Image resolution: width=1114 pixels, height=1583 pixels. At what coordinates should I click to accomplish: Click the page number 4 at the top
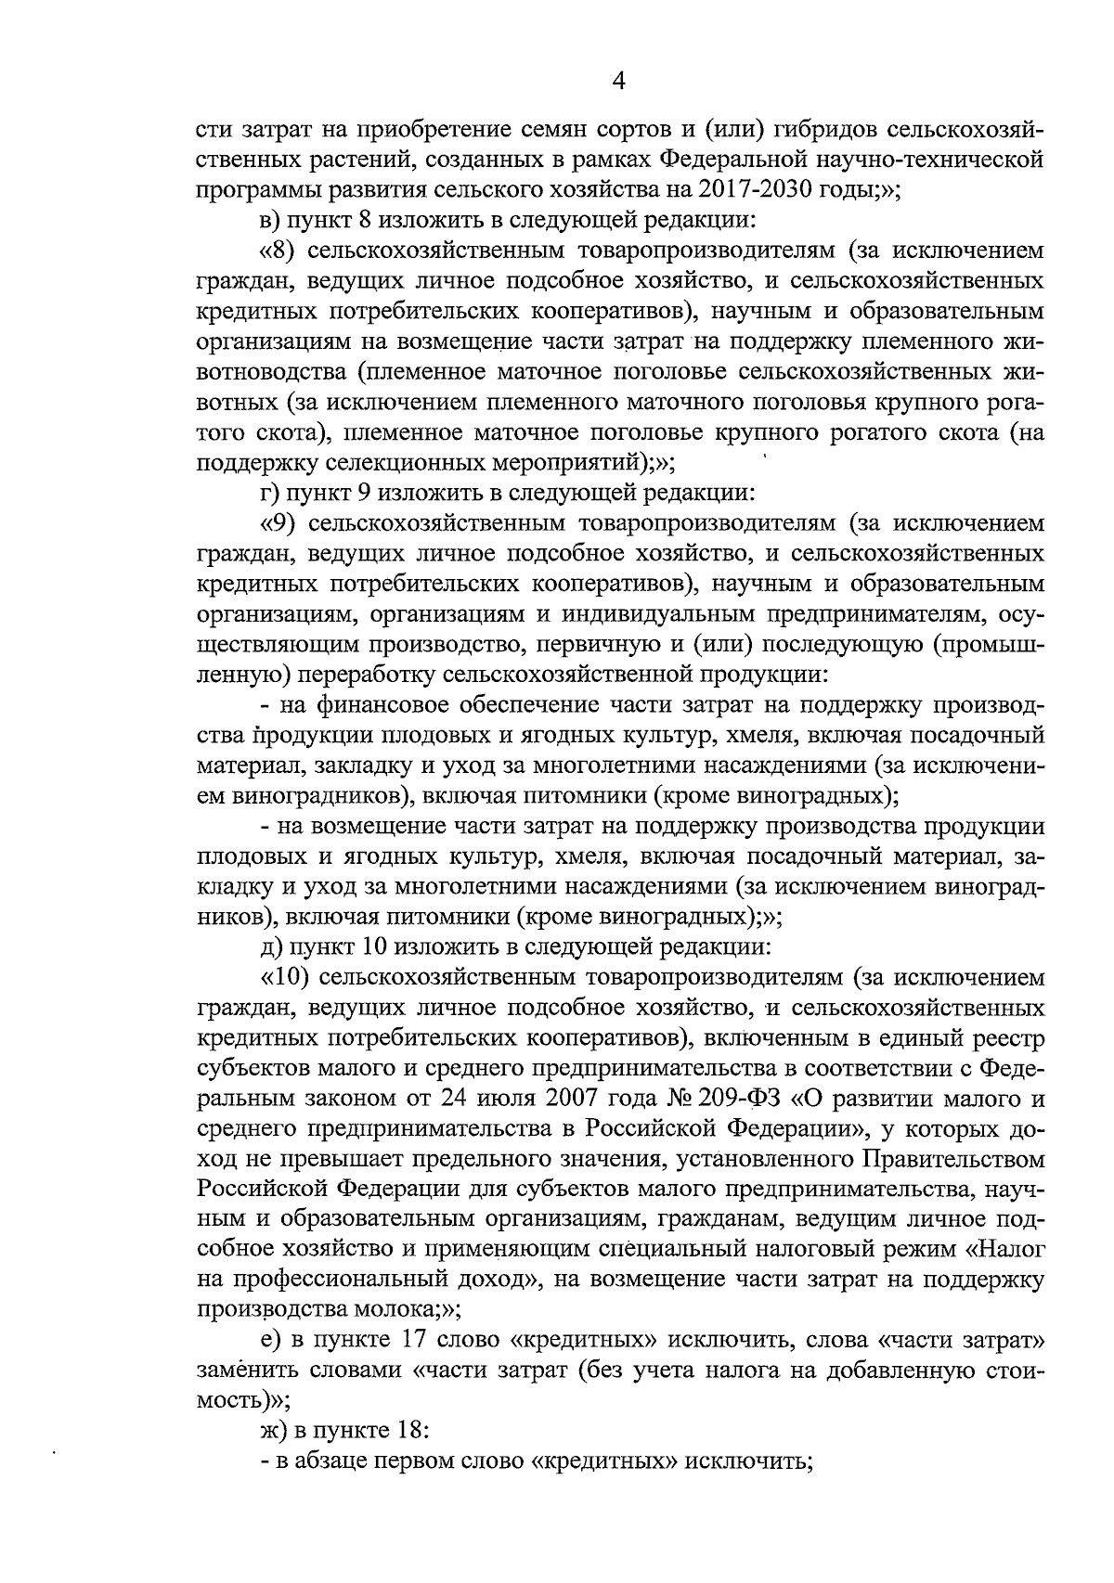[x=619, y=82]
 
